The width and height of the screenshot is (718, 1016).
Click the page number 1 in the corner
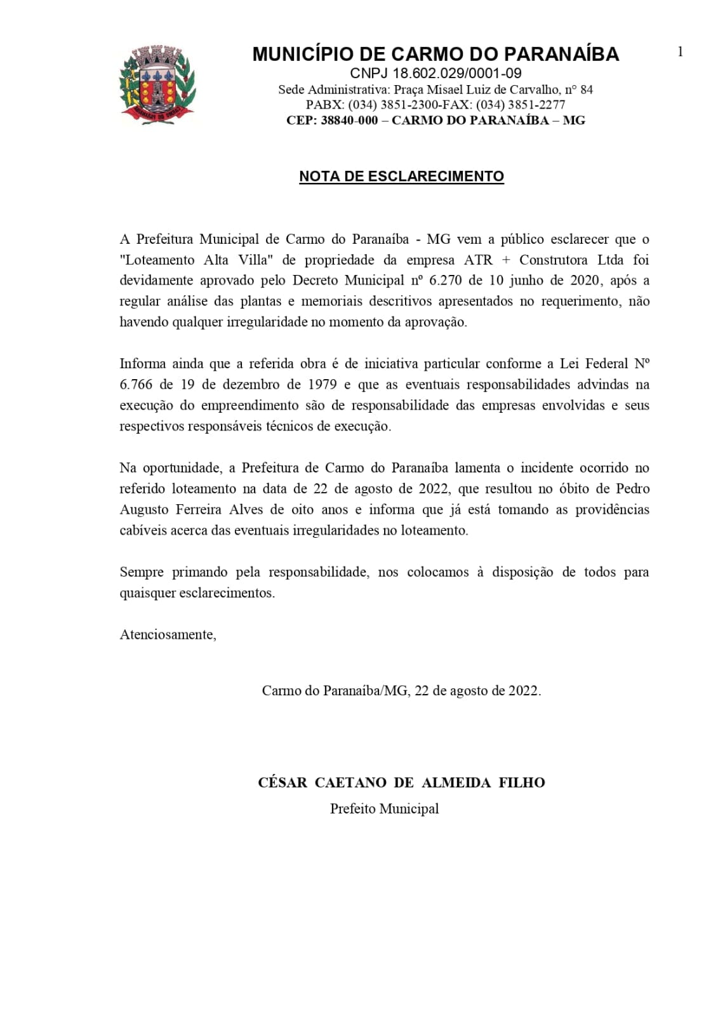[x=680, y=52]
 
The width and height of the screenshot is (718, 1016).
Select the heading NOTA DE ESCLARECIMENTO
[x=401, y=177]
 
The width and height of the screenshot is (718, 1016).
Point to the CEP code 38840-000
[x=349, y=120]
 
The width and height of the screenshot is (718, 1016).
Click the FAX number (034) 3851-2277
[x=521, y=105]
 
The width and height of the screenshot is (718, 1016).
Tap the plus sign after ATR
[x=506, y=260]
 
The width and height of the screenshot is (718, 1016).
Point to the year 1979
[x=322, y=385]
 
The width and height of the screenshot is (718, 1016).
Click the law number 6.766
[x=136, y=385]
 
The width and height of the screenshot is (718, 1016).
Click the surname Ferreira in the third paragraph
[x=199, y=510]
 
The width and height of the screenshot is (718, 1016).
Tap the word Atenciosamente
[x=168, y=635]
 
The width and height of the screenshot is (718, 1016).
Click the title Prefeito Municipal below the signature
[x=384, y=809]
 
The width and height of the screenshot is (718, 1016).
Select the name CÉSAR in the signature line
[x=283, y=783]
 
